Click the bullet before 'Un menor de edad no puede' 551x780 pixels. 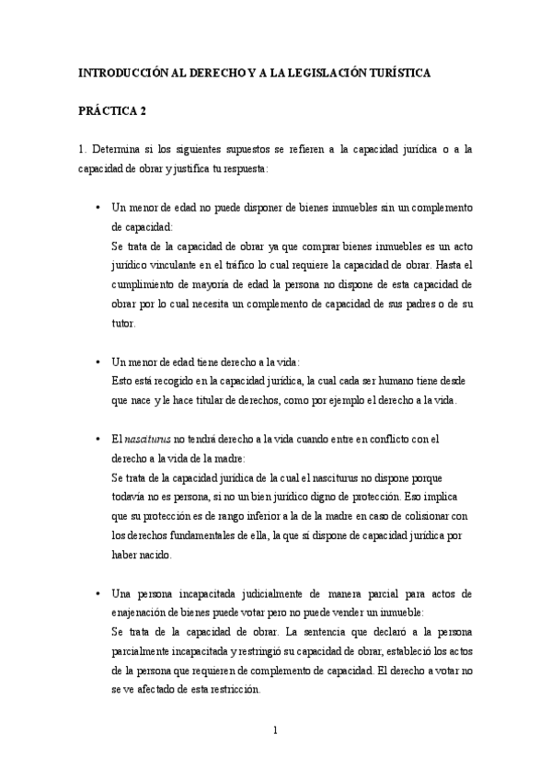98,209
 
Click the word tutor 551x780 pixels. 121,323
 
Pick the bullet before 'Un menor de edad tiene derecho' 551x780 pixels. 98,362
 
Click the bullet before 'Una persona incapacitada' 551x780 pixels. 98,595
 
